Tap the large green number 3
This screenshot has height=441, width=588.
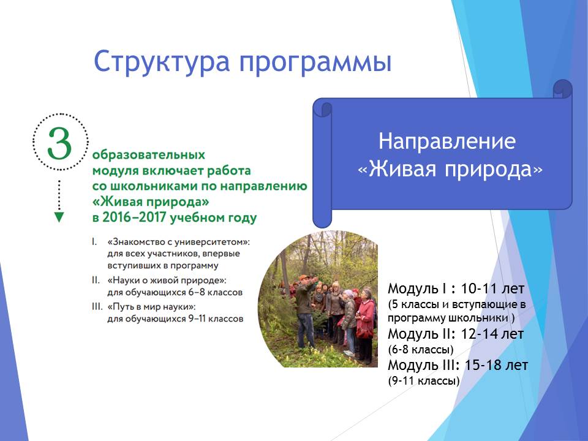tap(59, 143)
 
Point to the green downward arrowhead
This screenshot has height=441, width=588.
tap(59, 217)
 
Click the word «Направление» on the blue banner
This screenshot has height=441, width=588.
tap(447, 141)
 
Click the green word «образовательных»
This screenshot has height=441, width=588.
tap(149, 154)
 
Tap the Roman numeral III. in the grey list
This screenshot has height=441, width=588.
tap(97, 307)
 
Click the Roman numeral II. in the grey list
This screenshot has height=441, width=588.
tap(96, 280)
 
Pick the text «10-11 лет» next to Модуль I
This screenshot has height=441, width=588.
tap(492, 288)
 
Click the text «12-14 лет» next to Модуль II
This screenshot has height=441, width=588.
tap(492, 333)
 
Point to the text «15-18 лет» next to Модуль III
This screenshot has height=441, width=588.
tap(496, 365)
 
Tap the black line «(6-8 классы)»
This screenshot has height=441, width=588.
tap(421, 350)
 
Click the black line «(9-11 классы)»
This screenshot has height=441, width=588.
tap(424, 381)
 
